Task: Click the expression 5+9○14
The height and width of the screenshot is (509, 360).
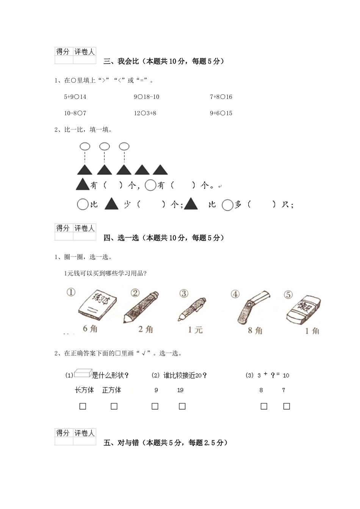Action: tap(75, 97)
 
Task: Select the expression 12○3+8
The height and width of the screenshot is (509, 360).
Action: tap(145, 113)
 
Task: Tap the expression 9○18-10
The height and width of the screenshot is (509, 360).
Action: tap(146, 97)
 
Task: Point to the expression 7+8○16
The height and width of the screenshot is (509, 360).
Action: tap(221, 97)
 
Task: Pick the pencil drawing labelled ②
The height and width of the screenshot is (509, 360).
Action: tap(140, 307)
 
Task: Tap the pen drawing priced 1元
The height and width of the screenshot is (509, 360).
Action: tap(192, 309)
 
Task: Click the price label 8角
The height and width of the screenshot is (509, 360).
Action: tap(255, 331)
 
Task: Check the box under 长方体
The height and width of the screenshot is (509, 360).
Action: tap(83, 406)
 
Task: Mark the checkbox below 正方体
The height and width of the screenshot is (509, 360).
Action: tap(114, 406)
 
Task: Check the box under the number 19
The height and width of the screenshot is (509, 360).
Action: tap(182, 406)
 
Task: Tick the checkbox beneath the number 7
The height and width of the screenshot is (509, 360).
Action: tap(286, 406)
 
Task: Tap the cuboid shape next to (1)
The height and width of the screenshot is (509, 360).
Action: tap(82, 374)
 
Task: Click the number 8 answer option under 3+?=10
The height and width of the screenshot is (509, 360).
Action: tap(261, 390)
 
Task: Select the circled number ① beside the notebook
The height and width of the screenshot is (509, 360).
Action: tap(71, 292)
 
